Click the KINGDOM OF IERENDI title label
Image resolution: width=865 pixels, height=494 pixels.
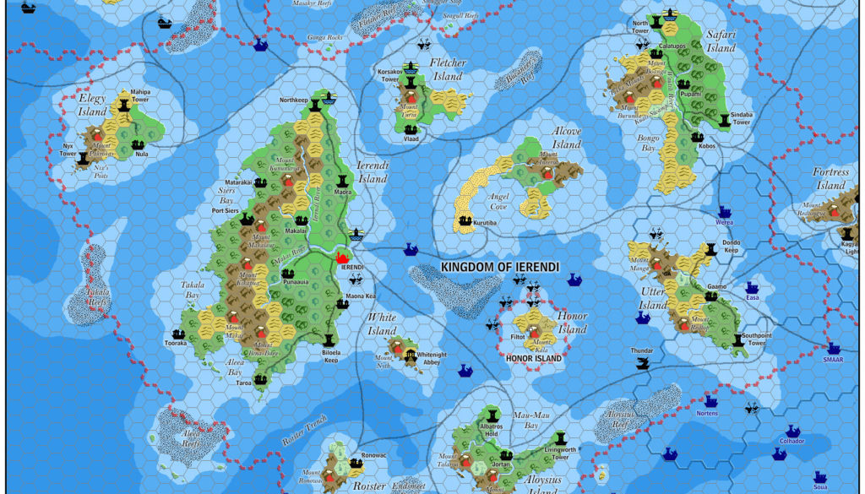(x=499, y=267)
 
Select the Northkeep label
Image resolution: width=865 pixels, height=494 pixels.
(x=295, y=100)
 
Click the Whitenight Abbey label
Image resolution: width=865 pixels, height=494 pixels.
(x=438, y=358)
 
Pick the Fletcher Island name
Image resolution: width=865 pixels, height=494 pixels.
(x=447, y=69)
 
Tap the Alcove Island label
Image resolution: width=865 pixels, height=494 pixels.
(x=566, y=138)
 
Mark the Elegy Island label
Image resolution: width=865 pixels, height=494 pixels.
(x=93, y=104)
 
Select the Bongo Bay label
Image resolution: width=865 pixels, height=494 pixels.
(x=648, y=143)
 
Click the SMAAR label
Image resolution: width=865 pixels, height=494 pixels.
(x=834, y=359)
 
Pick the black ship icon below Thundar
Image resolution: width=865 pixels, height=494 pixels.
(x=644, y=365)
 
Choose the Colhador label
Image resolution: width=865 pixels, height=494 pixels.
(x=792, y=441)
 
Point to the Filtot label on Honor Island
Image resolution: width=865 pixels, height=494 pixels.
(x=519, y=338)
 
